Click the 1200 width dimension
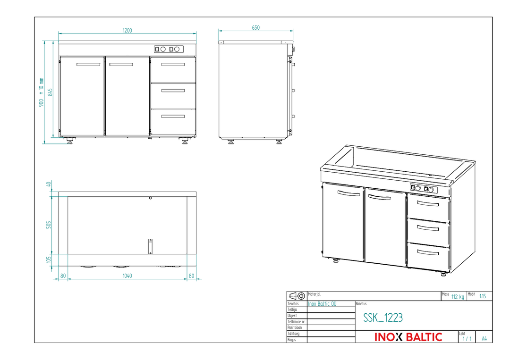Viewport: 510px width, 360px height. (127, 31)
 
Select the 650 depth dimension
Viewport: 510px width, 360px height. (255, 28)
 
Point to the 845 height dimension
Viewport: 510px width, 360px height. (50, 92)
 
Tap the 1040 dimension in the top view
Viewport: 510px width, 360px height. (127, 276)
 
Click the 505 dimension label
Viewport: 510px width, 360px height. (49, 225)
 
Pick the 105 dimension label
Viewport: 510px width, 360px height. (49, 260)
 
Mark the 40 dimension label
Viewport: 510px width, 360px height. (49, 184)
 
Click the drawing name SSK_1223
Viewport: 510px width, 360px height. (383, 318)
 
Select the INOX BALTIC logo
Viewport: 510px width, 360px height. (408, 337)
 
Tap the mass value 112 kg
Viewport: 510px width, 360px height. (458, 297)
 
